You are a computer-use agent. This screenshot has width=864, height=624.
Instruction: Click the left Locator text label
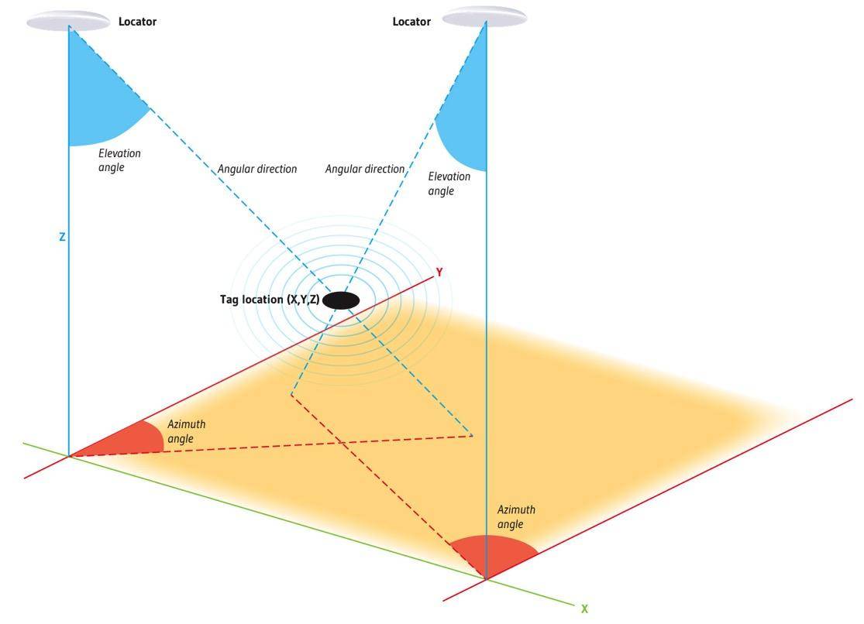pyautogui.click(x=137, y=22)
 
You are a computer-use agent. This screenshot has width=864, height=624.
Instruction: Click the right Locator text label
pyautogui.click(x=411, y=22)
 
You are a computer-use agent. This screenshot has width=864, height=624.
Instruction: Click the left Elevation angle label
pyautogui.click(x=119, y=160)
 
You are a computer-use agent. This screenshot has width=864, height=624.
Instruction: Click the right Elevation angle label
pyautogui.click(x=449, y=183)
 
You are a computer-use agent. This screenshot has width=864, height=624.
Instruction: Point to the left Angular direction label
pyautogui.click(x=256, y=169)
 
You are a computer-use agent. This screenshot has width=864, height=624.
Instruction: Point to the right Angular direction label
pyautogui.click(x=364, y=169)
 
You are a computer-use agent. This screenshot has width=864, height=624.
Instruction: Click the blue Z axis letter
pyautogui.click(x=62, y=238)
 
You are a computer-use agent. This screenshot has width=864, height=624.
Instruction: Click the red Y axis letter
pyautogui.click(x=439, y=273)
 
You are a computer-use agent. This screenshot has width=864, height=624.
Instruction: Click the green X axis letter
pyautogui.click(x=584, y=609)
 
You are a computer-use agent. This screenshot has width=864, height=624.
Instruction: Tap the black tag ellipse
pyautogui.click(x=341, y=300)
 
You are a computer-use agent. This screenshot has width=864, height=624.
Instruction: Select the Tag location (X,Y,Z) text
pyautogui.click(x=269, y=300)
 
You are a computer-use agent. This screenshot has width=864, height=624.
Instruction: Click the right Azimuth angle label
pyautogui.click(x=516, y=517)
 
